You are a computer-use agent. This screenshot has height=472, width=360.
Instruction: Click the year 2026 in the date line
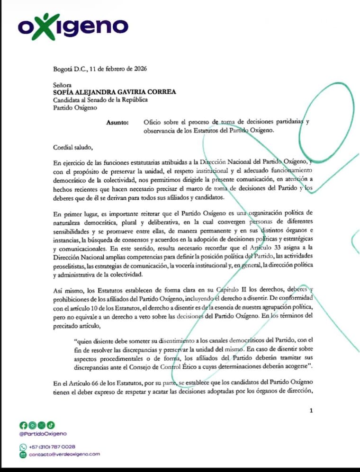pyautogui.click(x=139, y=68)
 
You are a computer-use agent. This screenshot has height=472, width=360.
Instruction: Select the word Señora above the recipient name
pyautogui.click(x=63, y=84)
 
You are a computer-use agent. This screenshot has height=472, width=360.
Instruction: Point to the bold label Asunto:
pyautogui.click(x=117, y=123)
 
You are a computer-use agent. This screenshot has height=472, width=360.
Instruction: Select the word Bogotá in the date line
pyautogui.click(x=63, y=68)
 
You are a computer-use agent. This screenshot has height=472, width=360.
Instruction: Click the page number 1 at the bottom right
pyautogui.click(x=311, y=410)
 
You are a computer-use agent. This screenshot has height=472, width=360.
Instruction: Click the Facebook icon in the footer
pyautogui.click(x=23, y=425)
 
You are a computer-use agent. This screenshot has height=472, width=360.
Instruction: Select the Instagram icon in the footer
pyautogui.click(x=32, y=425)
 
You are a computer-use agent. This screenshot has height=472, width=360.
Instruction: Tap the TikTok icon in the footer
pyautogui.click(x=50, y=425)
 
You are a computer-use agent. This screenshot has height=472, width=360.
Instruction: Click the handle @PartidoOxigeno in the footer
pyautogui.click(x=43, y=434)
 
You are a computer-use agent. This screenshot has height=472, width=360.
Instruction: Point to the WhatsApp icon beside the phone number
pyautogui.click(x=23, y=446)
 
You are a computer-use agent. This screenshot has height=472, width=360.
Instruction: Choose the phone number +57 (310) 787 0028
pyautogui.click(x=52, y=446)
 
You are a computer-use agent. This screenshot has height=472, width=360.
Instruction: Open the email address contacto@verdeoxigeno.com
pyautogui.click(x=64, y=454)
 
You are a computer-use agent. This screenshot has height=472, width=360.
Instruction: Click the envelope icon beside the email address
pyautogui.click(x=23, y=454)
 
